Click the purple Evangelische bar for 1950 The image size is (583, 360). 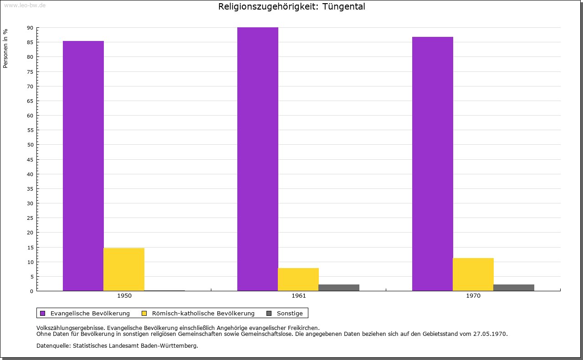coord(83,166)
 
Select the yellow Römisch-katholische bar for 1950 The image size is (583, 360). coord(124,269)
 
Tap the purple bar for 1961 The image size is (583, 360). coord(258,159)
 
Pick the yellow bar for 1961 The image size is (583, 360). coord(298,279)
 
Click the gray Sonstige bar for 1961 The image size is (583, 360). coord(339,288)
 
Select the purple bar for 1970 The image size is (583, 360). coord(433,164)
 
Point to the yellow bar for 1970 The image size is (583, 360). coord(473,274)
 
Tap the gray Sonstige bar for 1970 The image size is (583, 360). coord(513,288)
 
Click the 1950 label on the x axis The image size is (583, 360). coord(124,296)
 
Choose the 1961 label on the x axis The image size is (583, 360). coord(299,296)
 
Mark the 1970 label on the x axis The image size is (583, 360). coord(473,296)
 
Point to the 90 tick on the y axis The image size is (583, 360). coord(30,28)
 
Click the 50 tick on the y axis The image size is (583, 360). coord(30,145)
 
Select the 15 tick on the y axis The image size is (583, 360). coord(30,247)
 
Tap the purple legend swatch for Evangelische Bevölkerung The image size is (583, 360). coord(43,313)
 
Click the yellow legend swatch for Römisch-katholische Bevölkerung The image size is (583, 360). coord(144,313)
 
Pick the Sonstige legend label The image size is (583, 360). coord(290,313)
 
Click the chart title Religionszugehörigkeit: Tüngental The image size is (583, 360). coord(291,6)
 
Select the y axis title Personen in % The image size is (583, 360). coord(5,48)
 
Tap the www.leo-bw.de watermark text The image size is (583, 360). coord(25,5)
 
